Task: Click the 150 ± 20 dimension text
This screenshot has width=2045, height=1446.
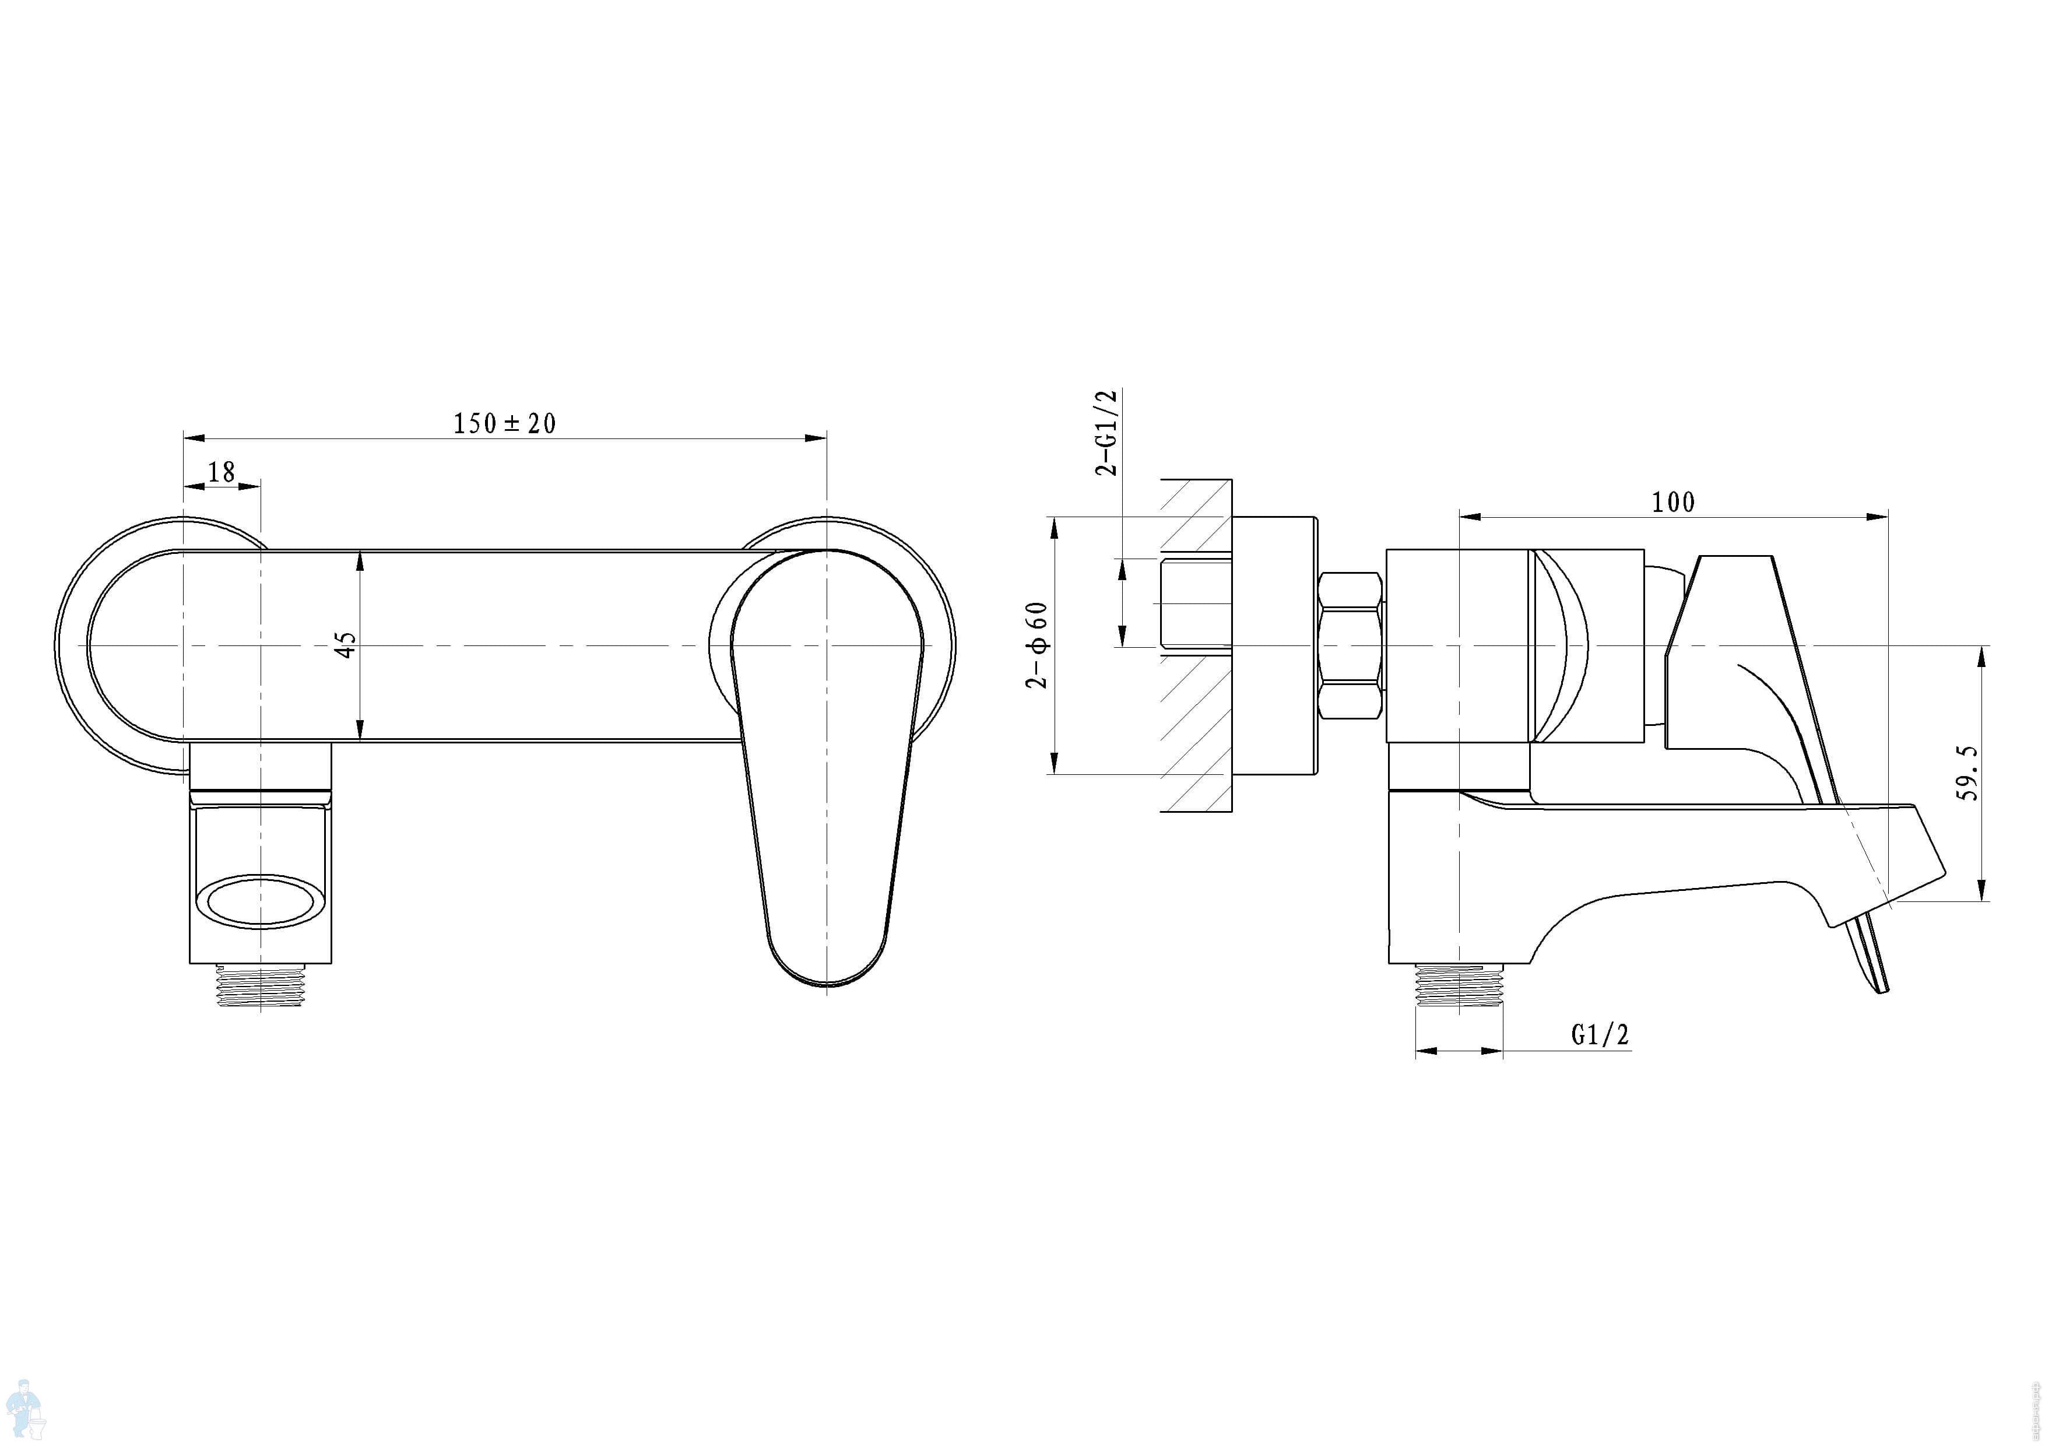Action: coord(504,423)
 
